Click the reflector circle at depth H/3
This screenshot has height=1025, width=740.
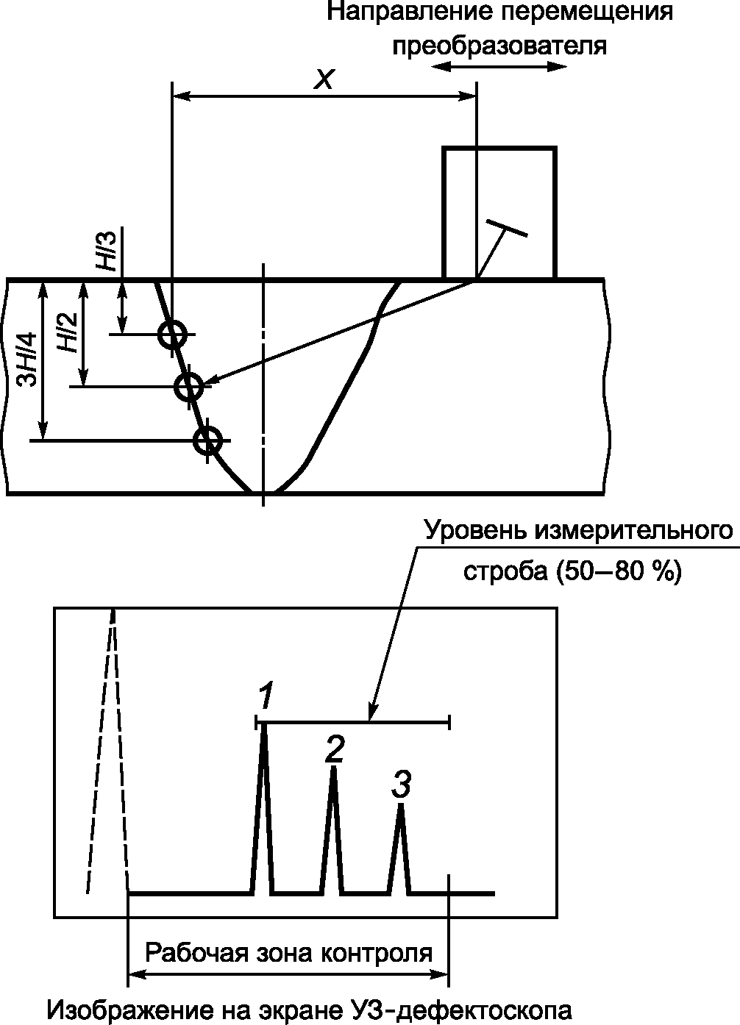coord(171,335)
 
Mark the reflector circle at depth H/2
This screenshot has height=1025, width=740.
coord(190,385)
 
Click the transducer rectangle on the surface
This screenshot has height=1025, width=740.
coord(499,213)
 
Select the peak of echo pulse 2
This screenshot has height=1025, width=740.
coord(332,769)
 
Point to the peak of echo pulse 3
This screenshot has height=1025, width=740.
coord(400,807)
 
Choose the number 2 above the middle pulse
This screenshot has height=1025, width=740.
coord(334,749)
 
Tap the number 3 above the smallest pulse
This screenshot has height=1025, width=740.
coord(401,785)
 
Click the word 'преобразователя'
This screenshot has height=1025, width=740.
coord(500,46)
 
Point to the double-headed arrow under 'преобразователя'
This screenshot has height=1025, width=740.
coord(499,66)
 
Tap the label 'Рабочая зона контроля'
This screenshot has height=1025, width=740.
coord(288,952)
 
